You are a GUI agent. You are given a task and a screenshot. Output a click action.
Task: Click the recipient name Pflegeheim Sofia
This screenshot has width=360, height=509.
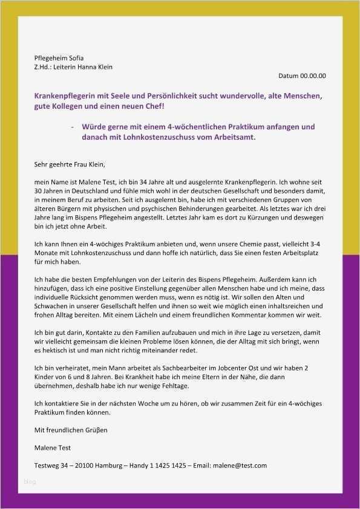[59, 58]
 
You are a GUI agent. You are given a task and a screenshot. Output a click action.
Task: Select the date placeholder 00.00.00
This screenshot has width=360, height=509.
[313, 76]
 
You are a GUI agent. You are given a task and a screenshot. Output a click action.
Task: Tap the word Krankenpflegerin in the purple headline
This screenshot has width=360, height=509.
[65, 96]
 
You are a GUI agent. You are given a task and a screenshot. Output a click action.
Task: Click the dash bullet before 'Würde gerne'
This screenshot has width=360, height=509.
[73, 127]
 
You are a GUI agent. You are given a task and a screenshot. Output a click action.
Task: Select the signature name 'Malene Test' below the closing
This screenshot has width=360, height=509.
[53, 448]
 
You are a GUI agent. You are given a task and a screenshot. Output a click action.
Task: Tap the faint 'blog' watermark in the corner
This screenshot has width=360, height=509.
[30, 482]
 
